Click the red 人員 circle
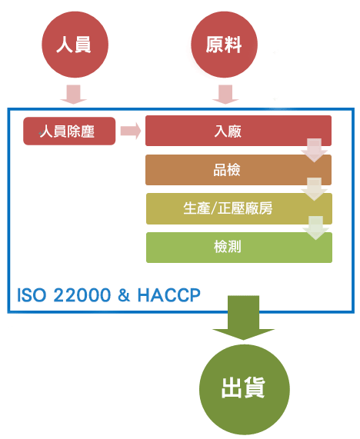(75, 45)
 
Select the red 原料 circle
(224, 45)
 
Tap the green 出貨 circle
(245, 390)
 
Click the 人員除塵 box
(69, 131)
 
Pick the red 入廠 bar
(238, 131)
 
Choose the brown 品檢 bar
(238, 170)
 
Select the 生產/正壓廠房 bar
(239, 208)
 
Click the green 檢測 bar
(239, 248)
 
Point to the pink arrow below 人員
(73, 95)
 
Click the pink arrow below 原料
(225, 95)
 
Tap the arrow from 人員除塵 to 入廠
(131, 131)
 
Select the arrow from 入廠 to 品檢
(315, 151)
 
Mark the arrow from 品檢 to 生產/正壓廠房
(315, 189)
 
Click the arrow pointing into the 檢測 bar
(315, 228)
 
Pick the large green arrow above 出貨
(243, 318)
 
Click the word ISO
(31, 295)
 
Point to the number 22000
(82, 295)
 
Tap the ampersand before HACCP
(124, 295)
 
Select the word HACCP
(169, 295)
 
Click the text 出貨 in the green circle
(243, 387)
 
